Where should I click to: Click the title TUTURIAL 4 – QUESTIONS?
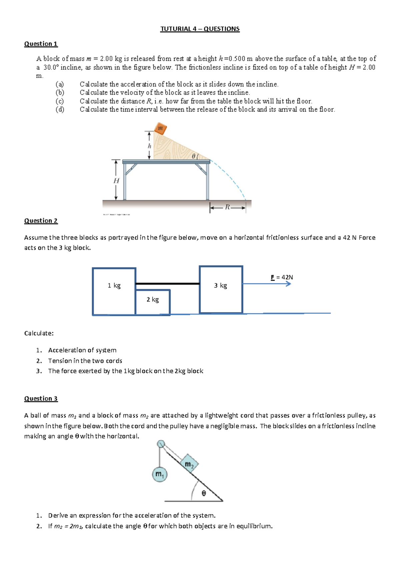[200, 29]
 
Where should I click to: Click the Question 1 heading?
[41, 44]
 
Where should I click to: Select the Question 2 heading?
[41, 221]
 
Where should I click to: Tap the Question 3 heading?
[41, 399]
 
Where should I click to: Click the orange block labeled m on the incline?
[160, 128]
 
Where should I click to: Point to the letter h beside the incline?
[149, 146]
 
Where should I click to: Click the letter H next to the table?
[116, 181]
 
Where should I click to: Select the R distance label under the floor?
[227, 207]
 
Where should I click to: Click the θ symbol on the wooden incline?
[194, 156]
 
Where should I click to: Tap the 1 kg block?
[114, 291]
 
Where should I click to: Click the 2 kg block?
[153, 301]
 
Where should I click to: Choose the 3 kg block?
[221, 289]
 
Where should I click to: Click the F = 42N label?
[282, 277]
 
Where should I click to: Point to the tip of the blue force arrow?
[290, 284]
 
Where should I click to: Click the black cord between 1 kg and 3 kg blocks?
[167, 284]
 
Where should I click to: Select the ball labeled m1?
[160, 474]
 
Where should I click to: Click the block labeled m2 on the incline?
[189, 464]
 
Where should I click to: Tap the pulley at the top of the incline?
[161, 444]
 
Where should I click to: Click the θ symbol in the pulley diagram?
[204, 493]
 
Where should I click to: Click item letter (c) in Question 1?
[60, 101]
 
